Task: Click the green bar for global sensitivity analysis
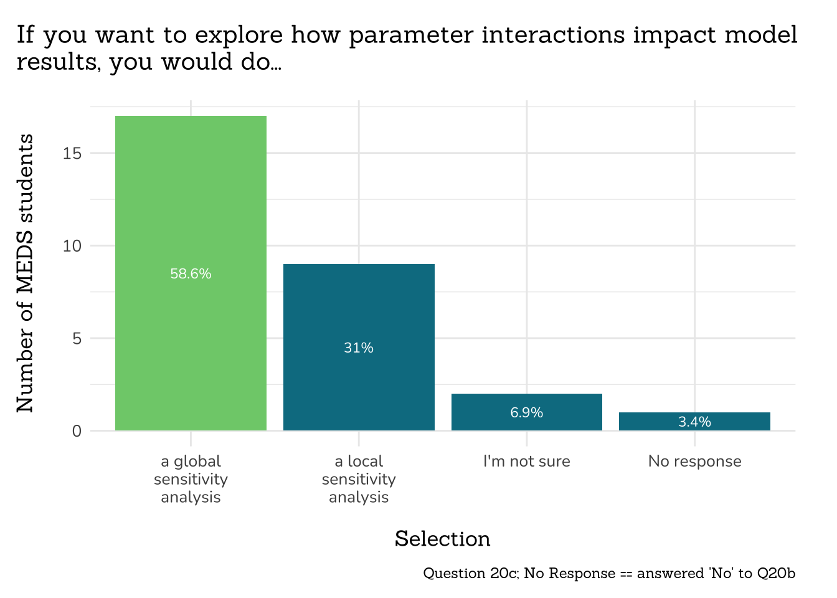click(191, 199)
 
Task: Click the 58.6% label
click(191, 274)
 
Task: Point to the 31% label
click(359, 348)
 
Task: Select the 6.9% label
click(527, 412)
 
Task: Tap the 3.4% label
click(694, 422)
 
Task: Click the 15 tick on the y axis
click(72, 153)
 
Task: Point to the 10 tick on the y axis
click(72, 246)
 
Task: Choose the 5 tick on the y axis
click(77, 339)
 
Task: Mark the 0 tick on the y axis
click(77, 431)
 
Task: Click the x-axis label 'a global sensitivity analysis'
click(191, 479)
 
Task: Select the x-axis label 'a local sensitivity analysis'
click(359, 479)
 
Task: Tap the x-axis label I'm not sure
click(527, 462)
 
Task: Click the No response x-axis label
click(694, 462)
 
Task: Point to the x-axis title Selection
click(442, 539)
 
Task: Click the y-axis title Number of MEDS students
click(25, 273)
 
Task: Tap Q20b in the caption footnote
click(776, 573)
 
